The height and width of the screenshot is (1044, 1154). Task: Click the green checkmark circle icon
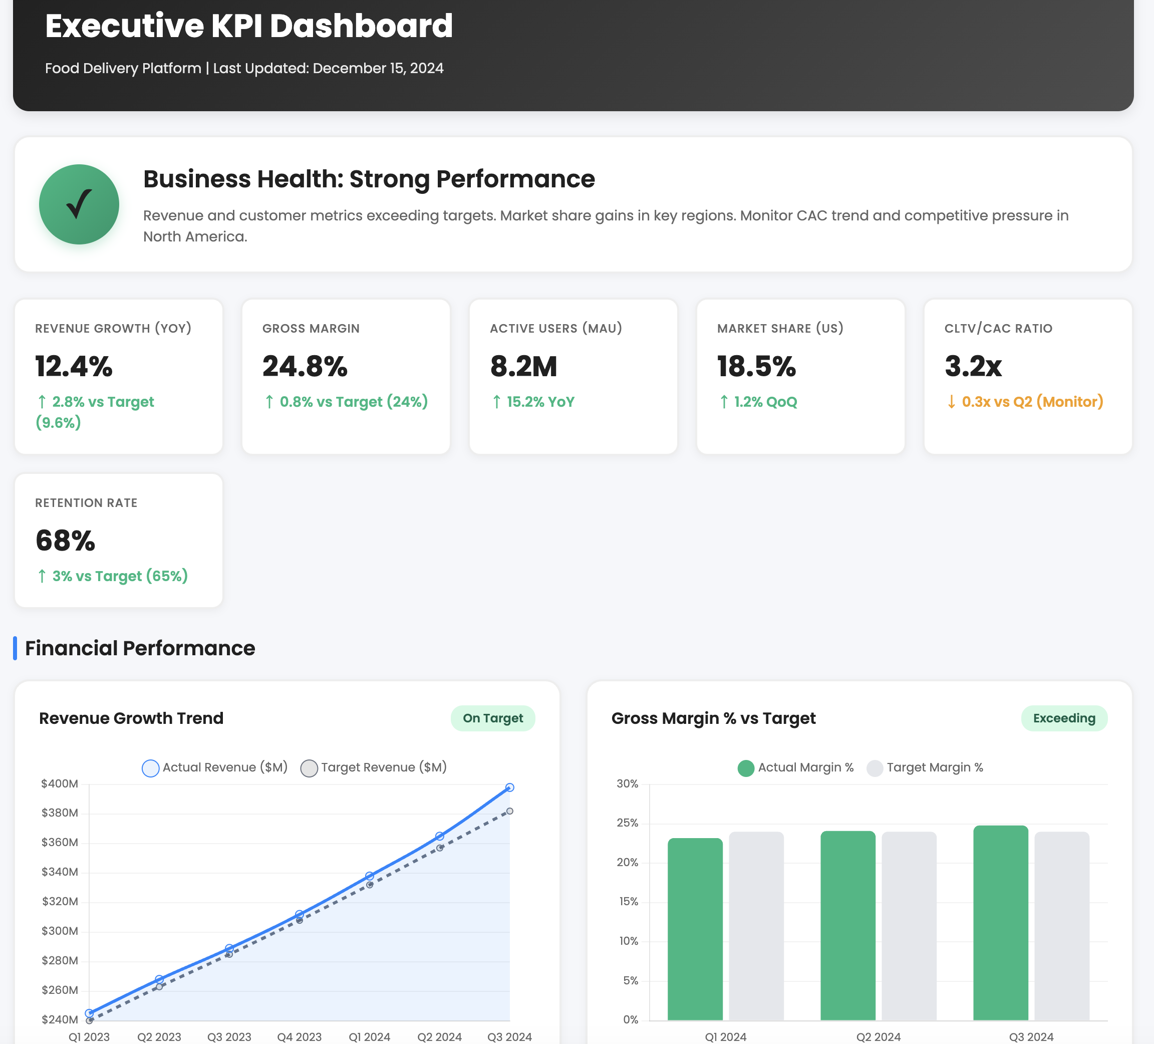point(79,204)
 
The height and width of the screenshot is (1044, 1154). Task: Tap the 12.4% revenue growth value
point(74,366)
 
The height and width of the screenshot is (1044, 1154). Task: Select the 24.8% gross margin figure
point(305,366)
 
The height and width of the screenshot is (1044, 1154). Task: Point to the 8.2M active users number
point(523,366)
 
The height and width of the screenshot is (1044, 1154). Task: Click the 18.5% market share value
point(756,366)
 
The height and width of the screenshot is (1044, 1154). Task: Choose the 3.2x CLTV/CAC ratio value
point(973,366)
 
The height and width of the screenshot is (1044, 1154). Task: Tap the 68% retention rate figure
point(65,541)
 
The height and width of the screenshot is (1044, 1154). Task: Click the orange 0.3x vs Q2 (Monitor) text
point(1025,402)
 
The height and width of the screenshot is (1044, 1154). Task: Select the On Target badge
point(493,718)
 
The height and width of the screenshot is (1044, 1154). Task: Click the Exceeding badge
point(1063,718)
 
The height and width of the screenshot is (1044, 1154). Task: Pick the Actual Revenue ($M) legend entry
point(215,767)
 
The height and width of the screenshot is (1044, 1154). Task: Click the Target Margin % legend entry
point(925,767)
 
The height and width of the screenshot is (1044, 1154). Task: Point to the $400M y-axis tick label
point(60,784)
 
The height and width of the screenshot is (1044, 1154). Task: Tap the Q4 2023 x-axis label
point(300,1036)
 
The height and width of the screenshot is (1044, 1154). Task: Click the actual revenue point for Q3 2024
point(509,788)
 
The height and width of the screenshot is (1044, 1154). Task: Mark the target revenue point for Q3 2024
point(509,811)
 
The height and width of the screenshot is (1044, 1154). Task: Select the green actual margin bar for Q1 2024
point(695,928)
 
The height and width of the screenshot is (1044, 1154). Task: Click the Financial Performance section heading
point(140,648)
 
